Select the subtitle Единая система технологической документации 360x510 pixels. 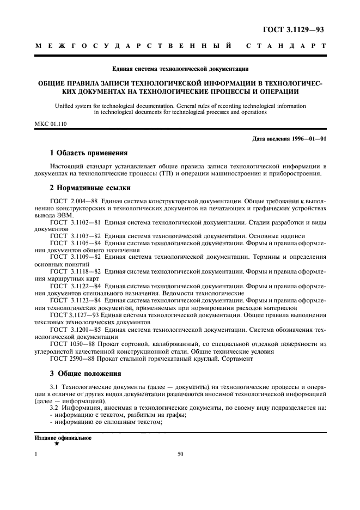180,69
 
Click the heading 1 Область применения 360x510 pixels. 89,153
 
